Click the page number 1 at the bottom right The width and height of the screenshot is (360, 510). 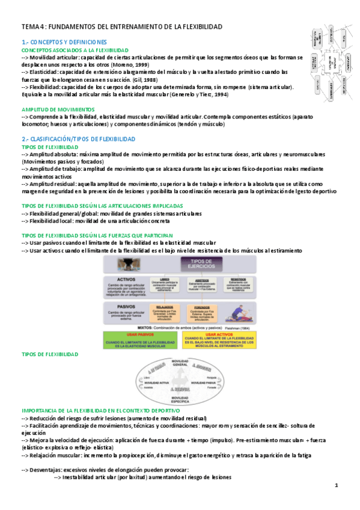tap(337, 485)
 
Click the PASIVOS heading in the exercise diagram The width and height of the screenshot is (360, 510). tap(126, 289)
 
